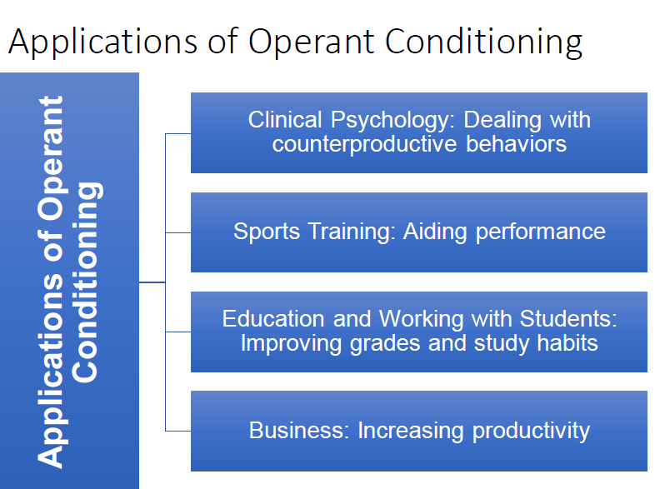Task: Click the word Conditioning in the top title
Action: coord(483,42)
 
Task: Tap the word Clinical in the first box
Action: coord(285,120)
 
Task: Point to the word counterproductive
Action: coord(365,144)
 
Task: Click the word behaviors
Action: coord(516,144)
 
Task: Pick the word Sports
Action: coord(267,232)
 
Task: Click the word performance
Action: coord(541,232)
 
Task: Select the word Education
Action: coord(273,319)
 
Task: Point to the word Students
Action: coord(568,319)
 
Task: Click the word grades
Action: coord(384,344)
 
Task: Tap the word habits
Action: coord(567,343)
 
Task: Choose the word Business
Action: coord(298,431)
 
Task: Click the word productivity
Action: coord(531,432)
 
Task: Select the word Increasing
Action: coord(411,432)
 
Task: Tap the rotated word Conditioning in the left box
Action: coord(86,282)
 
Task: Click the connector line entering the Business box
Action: coord(178,431)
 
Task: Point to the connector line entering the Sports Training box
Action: coord(178,232)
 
